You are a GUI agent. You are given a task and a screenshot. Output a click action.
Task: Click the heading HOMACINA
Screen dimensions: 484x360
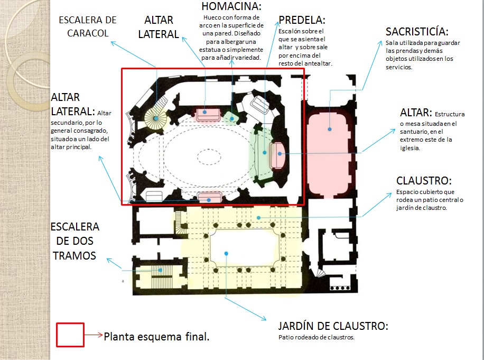point(231,7)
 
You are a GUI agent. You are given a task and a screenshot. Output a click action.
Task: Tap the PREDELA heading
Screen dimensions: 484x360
point(302,21)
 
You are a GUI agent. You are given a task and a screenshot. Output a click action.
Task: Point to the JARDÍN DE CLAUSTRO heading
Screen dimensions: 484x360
point(333,326)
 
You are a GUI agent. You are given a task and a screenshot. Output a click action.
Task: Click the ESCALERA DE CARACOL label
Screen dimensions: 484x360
point(87,26)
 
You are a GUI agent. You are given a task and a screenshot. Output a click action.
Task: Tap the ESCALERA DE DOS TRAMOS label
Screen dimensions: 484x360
point(75,241)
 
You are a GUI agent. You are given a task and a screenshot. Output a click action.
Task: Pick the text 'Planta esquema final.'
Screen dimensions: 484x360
point(157,336)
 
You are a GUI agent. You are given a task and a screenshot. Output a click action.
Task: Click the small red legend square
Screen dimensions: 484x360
point(70,334)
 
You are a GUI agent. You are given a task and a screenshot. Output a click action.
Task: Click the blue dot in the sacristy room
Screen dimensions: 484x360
point(330,128)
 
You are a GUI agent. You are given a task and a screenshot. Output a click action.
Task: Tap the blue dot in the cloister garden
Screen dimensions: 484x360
point(226,254)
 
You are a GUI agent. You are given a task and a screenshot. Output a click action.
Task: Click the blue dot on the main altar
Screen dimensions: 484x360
point(280,154)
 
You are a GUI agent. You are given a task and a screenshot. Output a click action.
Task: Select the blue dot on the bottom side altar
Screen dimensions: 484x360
point(210,199)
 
